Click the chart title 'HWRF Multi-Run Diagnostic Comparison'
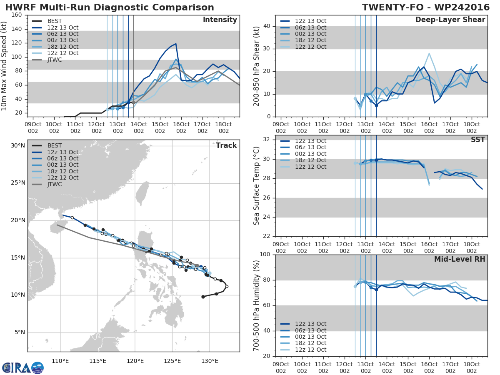point(110,7)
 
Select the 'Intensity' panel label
point(220,20)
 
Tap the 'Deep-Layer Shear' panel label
point(450,20)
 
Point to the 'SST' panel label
point(478,140)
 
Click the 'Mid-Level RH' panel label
point(460,259)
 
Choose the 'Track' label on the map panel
point(226,145)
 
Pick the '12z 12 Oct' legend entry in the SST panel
point(303,167)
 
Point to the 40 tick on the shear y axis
point(267,26)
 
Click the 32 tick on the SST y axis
point(267,139)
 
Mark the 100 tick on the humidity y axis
point(265,254)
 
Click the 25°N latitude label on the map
point(18,183)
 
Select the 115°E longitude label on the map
point(98,361)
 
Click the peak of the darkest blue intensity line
point(176,43)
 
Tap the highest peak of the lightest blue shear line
point(429,53)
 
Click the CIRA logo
point(23,367)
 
